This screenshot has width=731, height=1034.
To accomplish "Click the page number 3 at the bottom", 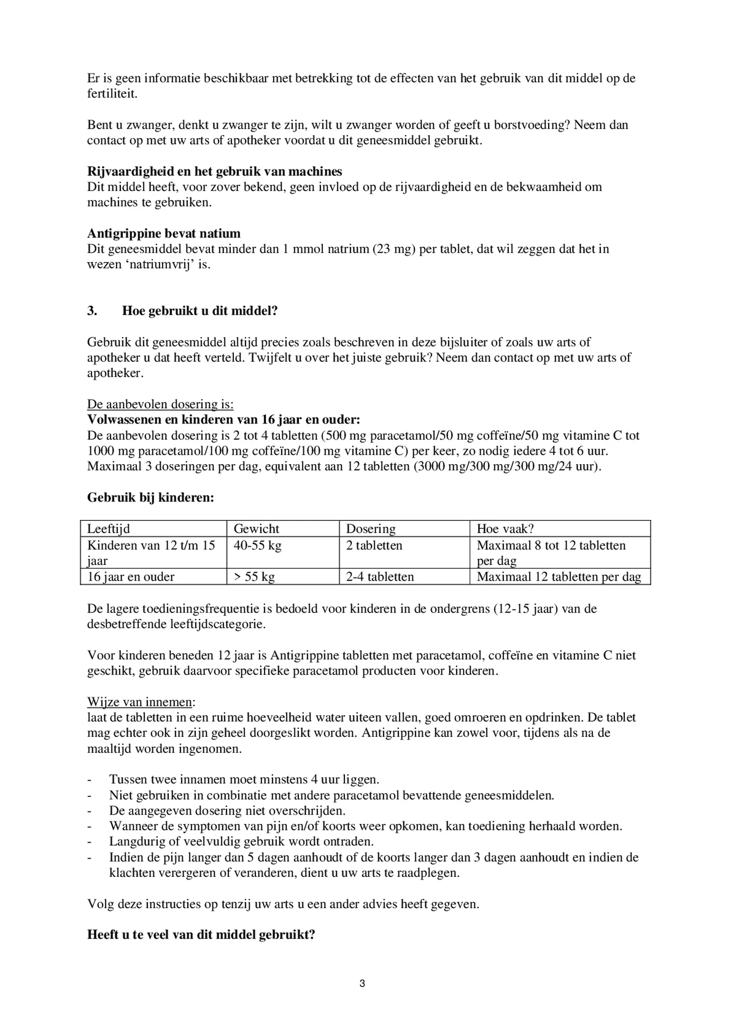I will tap(362, 983).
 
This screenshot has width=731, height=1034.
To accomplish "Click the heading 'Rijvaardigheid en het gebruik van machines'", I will tap(214, 171).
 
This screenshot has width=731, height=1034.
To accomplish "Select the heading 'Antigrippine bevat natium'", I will tap(163, 234).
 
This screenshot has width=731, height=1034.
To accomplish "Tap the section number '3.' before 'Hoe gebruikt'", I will tap(92, 311).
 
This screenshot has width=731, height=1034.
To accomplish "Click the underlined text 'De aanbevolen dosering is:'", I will tap(160, 404).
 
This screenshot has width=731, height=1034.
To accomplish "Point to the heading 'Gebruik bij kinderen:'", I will tap(151, 497).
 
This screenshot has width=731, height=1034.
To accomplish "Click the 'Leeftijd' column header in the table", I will tap(109, 529).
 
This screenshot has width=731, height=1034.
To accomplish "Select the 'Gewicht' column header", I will tap(256, 529).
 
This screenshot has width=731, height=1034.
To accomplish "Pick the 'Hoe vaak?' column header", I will tap(505, 529).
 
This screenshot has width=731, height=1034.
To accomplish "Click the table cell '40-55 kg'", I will tap(257, 545).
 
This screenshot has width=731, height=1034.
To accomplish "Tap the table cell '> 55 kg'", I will tap(254, 577).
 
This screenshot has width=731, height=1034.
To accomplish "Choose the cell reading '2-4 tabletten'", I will tap(380, 577).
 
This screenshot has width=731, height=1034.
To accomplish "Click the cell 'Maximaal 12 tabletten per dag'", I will tap(559, 577).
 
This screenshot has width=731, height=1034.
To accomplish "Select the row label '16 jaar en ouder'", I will tap(131, 577).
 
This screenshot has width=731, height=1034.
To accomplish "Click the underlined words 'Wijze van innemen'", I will tap(139, 702).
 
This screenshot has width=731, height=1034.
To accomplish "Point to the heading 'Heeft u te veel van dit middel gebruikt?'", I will tap(201, 935).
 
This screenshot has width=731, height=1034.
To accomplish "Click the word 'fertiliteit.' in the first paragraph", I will tap(112, 94).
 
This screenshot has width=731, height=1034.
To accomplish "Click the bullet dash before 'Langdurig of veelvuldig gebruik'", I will tap(90, 842).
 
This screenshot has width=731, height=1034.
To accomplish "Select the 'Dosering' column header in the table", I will tap(370, 529).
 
